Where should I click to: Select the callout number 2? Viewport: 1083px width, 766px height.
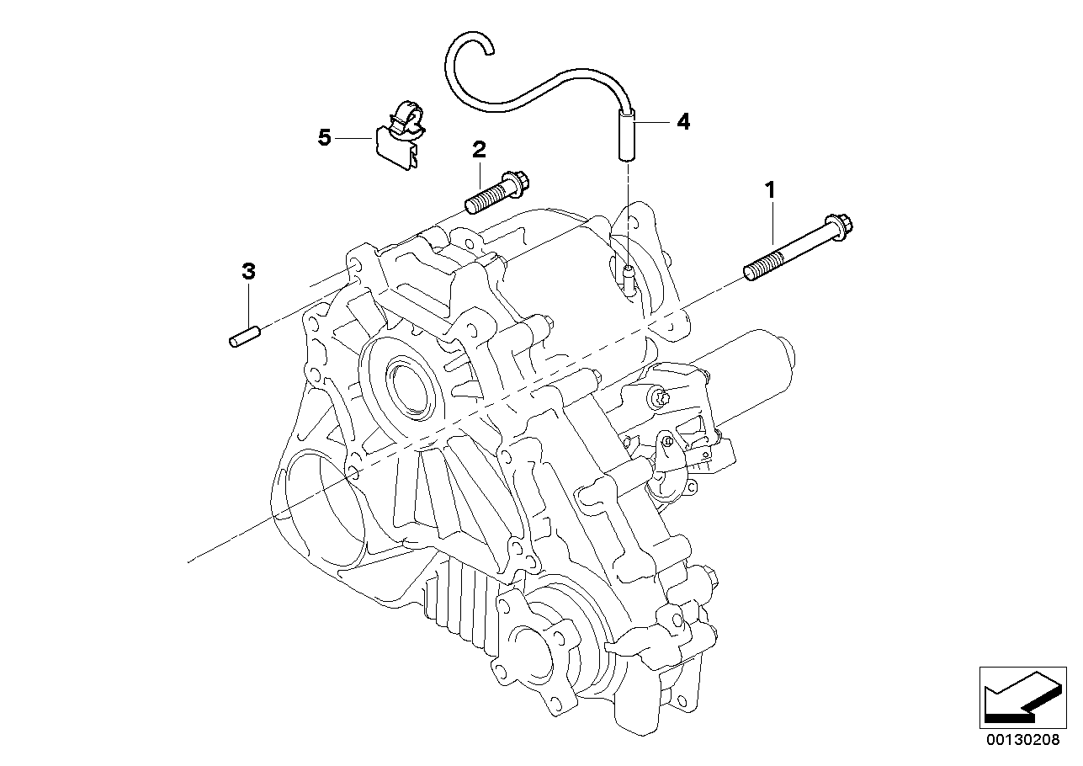coord(479,151)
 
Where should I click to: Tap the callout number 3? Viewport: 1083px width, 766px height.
coord(248,272)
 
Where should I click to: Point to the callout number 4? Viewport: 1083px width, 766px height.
coord(682,122)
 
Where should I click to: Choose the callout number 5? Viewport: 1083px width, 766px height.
coord(325,137)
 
